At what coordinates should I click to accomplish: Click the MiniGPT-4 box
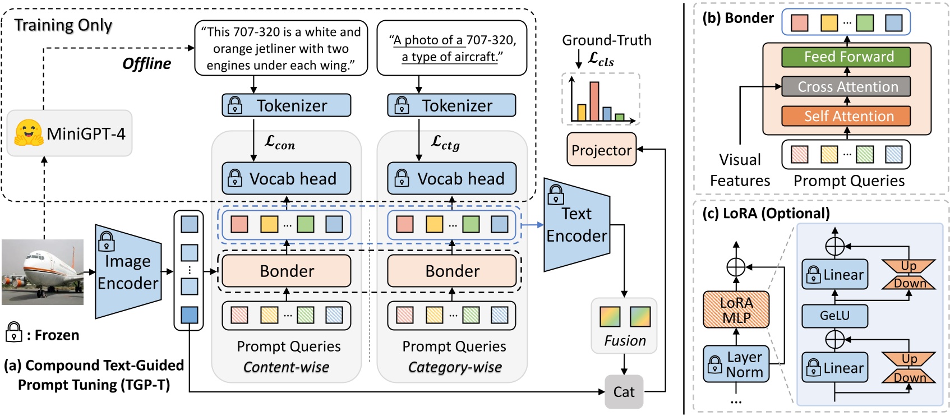(x=70, y=133)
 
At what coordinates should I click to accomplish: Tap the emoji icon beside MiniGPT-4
(x=29, y=133)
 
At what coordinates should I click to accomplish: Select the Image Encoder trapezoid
(x=128, y=272)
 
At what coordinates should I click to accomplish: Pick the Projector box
(x=601, y=150)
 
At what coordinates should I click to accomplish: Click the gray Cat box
(x=624, y=392)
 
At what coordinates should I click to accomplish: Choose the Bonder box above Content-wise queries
(x=287, y=271)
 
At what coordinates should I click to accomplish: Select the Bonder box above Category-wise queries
(x=452, y=271)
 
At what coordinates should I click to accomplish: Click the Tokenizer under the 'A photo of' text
(x=451, y=105)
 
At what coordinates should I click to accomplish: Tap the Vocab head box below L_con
(x=287, y=178)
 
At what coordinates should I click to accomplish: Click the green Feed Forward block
(x=846, y=57)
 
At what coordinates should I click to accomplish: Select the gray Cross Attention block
(x=846, y=86)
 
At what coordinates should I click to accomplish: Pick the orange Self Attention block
(x=846, y=116)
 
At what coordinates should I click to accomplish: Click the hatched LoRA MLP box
(x=736, y=310)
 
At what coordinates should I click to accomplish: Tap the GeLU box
(x=834, y=316)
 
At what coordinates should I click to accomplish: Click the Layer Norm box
(x=736, y=364)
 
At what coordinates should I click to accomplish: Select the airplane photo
(x=42, y=272)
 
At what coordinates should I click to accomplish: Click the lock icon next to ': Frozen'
(x=13, y=332)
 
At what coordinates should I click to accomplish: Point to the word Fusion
(x=625, y=341)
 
